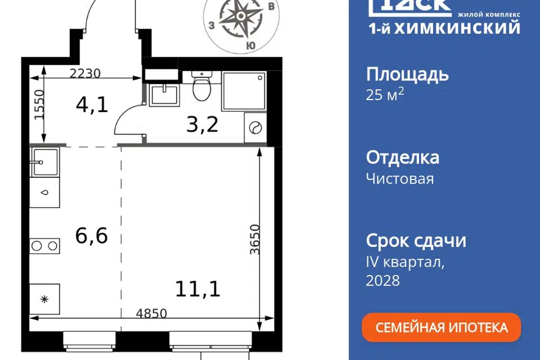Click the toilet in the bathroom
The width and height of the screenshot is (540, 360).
pyautogui.click(x=201, y=86)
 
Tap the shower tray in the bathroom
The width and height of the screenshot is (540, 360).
pyautogui.click(x=244, y=91)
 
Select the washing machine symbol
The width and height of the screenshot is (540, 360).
pyautogui.click(x=255, y=128)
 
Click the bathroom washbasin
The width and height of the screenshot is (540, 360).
pyautogui.click(x=164, y=94)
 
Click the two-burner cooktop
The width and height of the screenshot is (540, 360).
pyautogui.click(x=44, y=246)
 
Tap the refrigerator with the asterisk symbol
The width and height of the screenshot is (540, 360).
pyautogui.click(x=44, y=299)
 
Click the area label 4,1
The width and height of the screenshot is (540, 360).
pyautogui.click(x=92, y=105)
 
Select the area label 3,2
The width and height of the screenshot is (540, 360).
pyautogui.click(x=202, y=124)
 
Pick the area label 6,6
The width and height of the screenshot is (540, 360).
pyautogui.click(x=92, y=236)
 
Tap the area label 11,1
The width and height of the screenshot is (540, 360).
pyautogui.click(x=197, y=289)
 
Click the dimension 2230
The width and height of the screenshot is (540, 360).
pyautogui.click(x=85, y=73)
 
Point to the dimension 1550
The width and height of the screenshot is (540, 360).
pyautogui.click(x=39, y=105)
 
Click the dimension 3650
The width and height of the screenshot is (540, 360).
pyautogui.click(x=255, y=240)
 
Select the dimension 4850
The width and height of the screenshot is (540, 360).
pyautogui.click(x=151, y=313)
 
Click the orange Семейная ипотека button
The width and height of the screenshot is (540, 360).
pyautogui.click(x=441, y=327)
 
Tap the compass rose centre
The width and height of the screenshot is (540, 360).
pyautogui.click(x=241, y=16)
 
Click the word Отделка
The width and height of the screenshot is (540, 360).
pyautogui.click(x=403, y=157)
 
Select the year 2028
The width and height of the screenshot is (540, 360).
pyautogui.click(x=382, y=281)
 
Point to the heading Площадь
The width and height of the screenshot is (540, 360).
pyautogui.click(x=407, y=75)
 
